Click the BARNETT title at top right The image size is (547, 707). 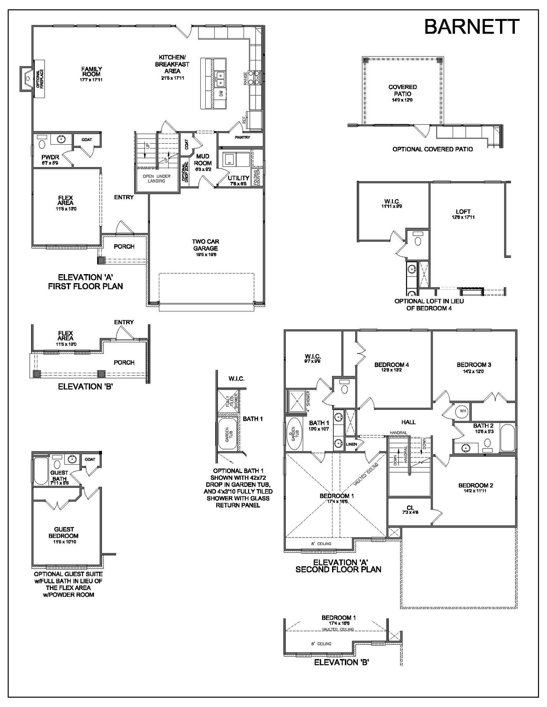click(x=471, y=27)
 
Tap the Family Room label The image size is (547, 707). click(x=92, y=71)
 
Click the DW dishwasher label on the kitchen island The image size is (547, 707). click(x=221, y=93)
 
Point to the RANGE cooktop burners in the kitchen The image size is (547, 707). click(x=257, y=77)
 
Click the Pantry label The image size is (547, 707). click(x=242, y=137)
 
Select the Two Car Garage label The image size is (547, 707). click(x=206, y=245)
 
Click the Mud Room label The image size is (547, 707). click(x=203, y=159)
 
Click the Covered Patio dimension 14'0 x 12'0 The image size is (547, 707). click(x=402, y=100)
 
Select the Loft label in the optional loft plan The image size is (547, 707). click(x=463, y=212)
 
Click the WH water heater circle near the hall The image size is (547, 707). click(x=463, y=411)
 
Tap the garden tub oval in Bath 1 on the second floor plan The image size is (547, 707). click(x=295, y=434)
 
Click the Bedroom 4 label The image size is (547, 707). click(x=392, y=365)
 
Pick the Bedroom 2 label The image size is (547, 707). click(x=475, y=485)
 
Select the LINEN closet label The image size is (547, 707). click(x=351, y=444)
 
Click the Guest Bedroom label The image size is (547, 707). click(x=64, y=532)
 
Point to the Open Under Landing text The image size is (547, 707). click(x=157, y=178)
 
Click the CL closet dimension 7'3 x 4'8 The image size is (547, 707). click(x=410, y=513)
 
